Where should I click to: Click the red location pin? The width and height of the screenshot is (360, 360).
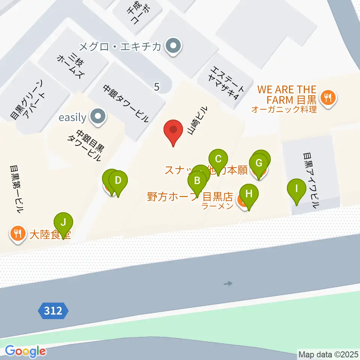[x=173, y=131]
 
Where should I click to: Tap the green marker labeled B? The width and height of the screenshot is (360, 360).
[x=197, y=182]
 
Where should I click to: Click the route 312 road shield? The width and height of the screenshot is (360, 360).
[x=53, y=311]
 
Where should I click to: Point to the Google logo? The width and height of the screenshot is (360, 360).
[x=25, y=351]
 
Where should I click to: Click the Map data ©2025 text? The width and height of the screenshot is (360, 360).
[x=328, y=354]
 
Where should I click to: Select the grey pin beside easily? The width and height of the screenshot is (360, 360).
[x=98, y=117]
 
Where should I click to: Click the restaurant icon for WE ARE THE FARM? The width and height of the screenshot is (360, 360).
[x=328, y=99]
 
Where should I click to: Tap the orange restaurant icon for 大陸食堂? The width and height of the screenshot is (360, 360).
[x=17, y=235]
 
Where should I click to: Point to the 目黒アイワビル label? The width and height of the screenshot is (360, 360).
[x=311, y=180]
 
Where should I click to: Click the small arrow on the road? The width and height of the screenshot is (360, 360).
[x=228, y=283]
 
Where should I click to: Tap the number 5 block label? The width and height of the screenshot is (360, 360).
[x=157, y=87]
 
